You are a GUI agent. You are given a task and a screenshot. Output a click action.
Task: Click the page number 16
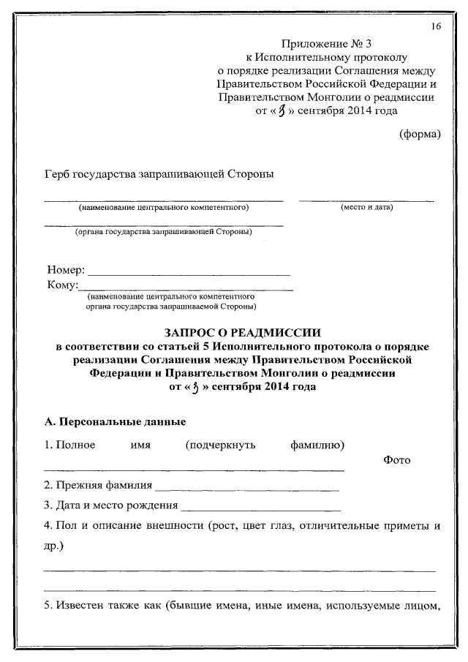tap(436, 27)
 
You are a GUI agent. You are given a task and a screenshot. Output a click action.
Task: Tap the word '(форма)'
tap(420, 133)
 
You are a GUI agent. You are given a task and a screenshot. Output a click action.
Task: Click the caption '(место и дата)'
tap(366, 208)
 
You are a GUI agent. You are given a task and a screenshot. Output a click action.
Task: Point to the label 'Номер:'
tap(66, 271)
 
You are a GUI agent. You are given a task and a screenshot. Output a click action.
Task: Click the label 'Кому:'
tap(62, 285)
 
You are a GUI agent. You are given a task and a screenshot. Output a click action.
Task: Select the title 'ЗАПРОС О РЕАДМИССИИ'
tap(242, 332)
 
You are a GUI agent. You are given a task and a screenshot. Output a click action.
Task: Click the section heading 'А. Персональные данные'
tap(115, 422)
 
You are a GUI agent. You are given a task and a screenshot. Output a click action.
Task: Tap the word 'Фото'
tap(396, 459)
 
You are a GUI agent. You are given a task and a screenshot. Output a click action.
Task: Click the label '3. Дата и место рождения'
tap(110, 505)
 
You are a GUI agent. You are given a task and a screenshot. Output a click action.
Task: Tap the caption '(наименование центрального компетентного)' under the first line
tap(165, 208)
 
